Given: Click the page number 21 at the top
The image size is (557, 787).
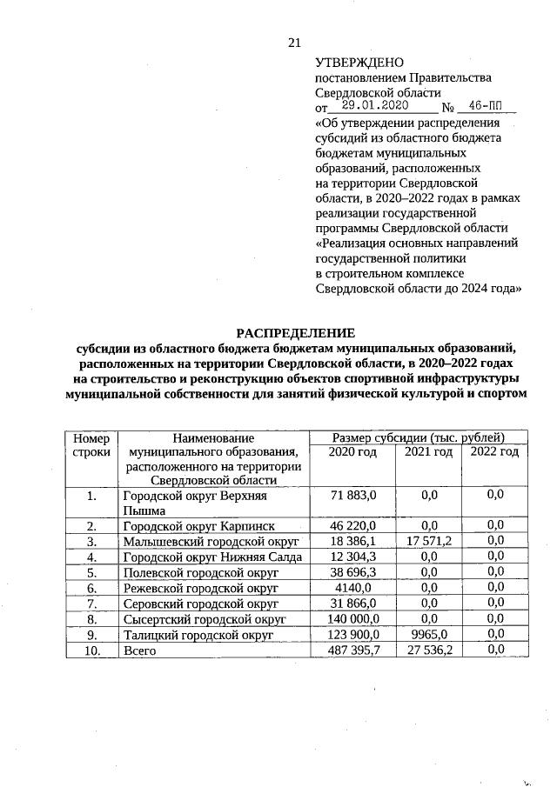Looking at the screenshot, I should pos(293,43).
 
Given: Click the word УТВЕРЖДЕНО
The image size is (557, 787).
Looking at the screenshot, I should pos(359,63).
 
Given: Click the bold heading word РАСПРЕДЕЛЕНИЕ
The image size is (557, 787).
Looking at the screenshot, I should pos(296,333).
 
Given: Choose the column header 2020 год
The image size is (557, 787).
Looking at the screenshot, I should pos(352,452).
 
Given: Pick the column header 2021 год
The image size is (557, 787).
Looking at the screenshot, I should pos(428,452).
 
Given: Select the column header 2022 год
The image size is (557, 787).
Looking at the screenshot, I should pos(495,452).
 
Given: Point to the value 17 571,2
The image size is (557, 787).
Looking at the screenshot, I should pos(428,540).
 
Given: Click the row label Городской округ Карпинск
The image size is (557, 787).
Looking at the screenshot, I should pos(198,526).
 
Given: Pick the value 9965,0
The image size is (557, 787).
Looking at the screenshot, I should pos(428,635).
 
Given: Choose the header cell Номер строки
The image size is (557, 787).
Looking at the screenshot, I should pos(91,444).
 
